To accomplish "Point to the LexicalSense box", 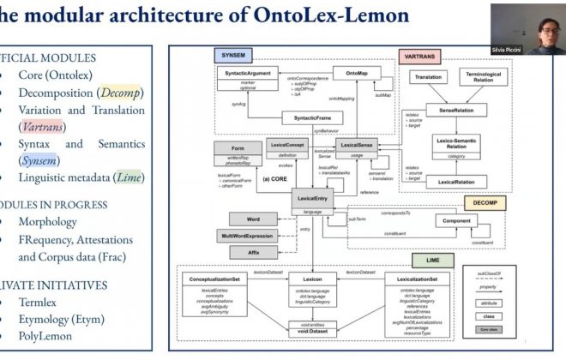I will coord(359,147).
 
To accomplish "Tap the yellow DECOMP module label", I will coord(491,203).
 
